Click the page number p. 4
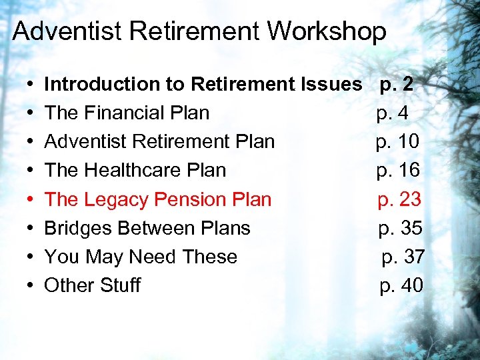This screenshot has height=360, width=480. (x=393, y=113)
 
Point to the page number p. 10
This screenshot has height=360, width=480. (x=397, y=142)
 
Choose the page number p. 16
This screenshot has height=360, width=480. (x=398, y=171)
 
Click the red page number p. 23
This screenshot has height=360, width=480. (x=399, y=199)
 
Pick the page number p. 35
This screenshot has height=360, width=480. (x=401, y=228)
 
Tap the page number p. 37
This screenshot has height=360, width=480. (x=403, y=257)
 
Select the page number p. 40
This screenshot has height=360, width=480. (x=401, y=285)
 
